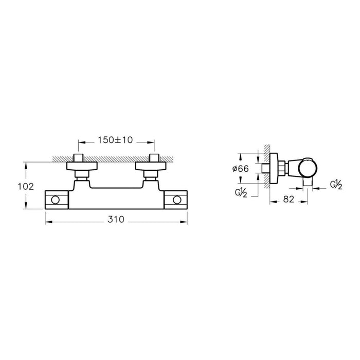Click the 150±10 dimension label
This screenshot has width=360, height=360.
coord(115,140)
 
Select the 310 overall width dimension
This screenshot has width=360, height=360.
coord(116,220)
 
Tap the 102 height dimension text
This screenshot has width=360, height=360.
coord(26,186)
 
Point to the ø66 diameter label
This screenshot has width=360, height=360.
coord(240,169)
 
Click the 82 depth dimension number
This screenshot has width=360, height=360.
coord(289,200)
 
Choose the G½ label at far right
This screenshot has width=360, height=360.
coord(336,185)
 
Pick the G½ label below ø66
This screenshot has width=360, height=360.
coord(241,193)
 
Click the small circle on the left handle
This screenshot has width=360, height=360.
coord(56,200)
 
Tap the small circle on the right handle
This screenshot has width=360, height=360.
coord(177,200)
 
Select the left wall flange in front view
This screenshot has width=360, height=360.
coord(82,166)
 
